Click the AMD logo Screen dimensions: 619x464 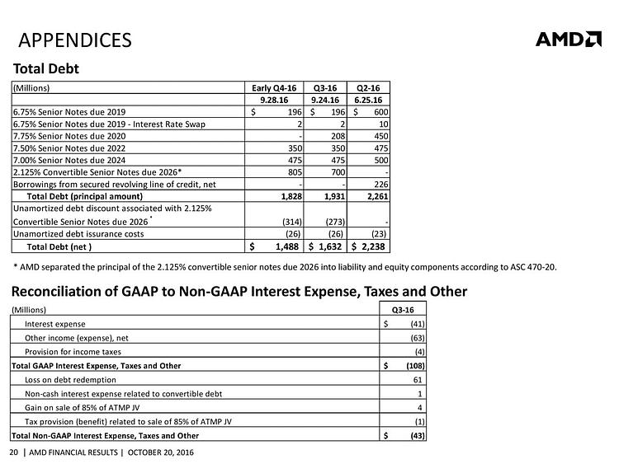tap(569, 39)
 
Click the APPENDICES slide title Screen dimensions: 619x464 tap(75, 40)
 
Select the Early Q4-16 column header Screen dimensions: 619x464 tap(274, 88)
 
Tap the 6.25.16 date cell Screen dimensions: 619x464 tap(368, 100)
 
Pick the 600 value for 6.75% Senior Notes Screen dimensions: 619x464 tap(381, 112)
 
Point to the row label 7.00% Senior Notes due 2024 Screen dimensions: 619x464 tap(69, 160)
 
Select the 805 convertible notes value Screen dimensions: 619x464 tap(295, 172)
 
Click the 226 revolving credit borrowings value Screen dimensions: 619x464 tap(381, 184)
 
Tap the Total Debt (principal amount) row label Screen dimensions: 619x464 tap(85, 196)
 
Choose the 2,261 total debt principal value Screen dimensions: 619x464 tap(378, 196)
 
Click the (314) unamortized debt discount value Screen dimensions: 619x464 tap(292, 222)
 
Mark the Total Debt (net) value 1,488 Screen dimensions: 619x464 tap(287, 246)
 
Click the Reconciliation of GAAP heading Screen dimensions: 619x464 tap(239, 291)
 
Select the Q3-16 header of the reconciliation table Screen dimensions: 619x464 tap(403, 310)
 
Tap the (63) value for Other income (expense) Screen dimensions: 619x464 tap(418, 338)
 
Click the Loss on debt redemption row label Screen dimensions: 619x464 tap(70, 380)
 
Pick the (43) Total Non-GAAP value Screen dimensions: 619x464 tap(418, 436)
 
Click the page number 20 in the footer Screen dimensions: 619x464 tap(14, 452)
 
